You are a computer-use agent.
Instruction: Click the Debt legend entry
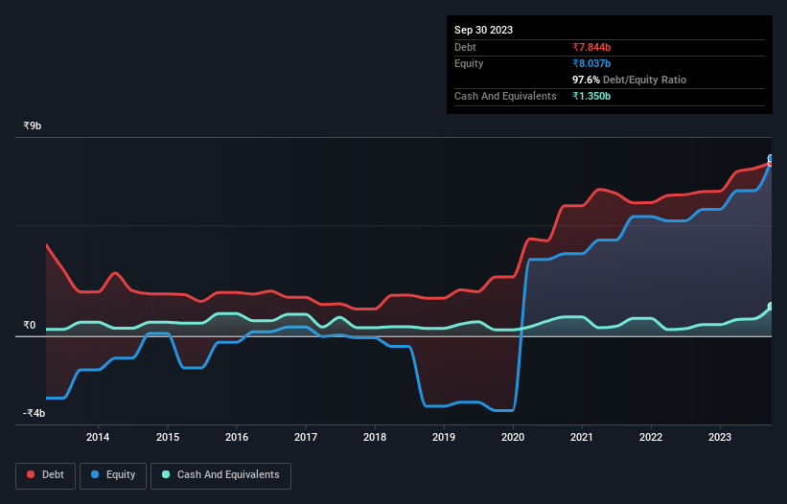[46, 474]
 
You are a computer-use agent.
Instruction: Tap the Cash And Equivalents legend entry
[220, 474]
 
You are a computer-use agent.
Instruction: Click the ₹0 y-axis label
[30, 326]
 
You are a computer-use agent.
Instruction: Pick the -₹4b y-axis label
[35, 414]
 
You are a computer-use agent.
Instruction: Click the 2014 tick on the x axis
[98, 438]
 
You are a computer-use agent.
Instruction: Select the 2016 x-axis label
[237, 438]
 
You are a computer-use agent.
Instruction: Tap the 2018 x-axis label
[375, 438]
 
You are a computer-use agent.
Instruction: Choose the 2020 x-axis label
[513, 438]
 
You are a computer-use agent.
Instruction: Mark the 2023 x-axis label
[721, 438]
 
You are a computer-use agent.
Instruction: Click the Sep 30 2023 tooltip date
[483, 30]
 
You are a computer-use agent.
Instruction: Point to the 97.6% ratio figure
[588, 80]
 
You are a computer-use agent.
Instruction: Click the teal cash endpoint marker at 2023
[771, 307]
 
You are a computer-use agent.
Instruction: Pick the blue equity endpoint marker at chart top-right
[771, 159]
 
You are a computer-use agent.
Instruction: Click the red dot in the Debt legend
[30, 474]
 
